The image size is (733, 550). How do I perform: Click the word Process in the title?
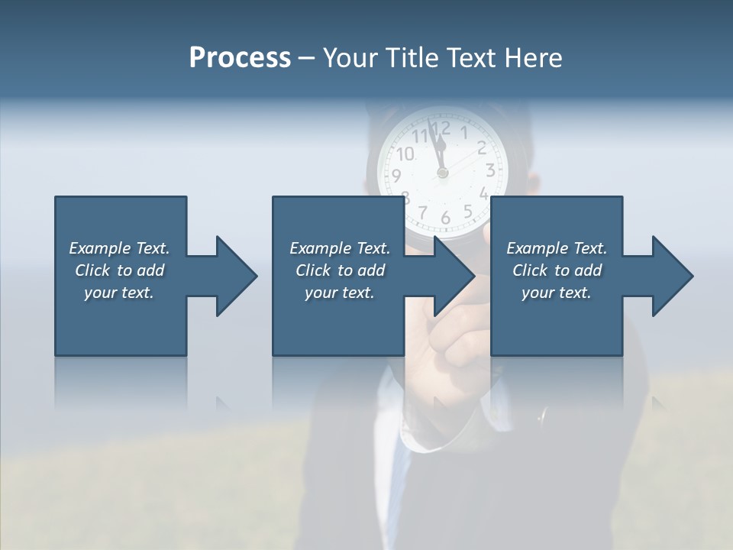(240, 58)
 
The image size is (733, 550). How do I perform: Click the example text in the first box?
(119, 270)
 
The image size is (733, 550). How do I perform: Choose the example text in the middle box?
(339, 270)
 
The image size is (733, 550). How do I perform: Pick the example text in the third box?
(557, 270)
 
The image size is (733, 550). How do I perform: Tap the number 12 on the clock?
(441, 128)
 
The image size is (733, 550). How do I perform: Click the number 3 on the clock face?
(491, 170)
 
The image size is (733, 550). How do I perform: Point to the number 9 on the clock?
(396, 176)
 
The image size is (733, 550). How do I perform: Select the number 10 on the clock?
(405, 154)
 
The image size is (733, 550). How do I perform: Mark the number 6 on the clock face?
(445, 218)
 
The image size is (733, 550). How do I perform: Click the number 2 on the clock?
(482, 147)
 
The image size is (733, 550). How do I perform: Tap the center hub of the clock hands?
(443, 173)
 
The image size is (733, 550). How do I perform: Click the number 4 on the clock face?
(483, 193)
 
